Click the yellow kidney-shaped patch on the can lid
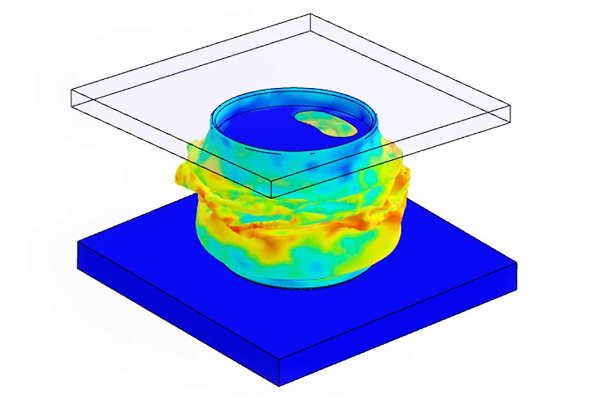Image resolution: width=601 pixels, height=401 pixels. coord(326,123)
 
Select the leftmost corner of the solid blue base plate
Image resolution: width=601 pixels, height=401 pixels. coord(78,240)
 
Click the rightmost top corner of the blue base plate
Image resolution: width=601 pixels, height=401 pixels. coord(517,262)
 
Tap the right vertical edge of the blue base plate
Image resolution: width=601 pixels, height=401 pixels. coord(517,276)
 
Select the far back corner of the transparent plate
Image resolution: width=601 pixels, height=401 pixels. coord(311,15)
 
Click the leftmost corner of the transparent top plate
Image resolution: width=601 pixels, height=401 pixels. coord(71,90)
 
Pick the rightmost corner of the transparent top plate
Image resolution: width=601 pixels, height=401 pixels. coord(510,105)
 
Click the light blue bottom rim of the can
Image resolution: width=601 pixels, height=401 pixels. coord(299,281)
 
